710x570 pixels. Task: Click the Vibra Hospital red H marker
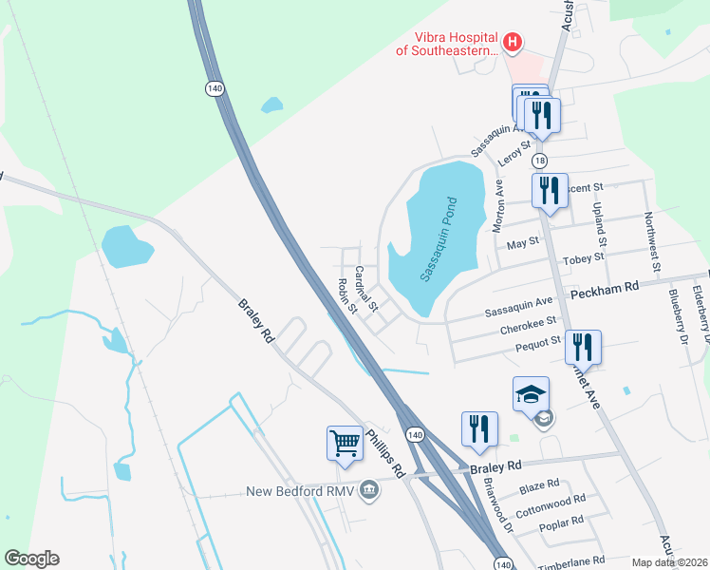513,42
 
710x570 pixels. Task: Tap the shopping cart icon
345,442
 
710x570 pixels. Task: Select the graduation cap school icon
531,394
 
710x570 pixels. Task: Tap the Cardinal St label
366,290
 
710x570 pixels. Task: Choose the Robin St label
346,296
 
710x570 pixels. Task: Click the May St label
523,242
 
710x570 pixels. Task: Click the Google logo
31,559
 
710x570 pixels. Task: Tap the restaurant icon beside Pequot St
583,348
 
